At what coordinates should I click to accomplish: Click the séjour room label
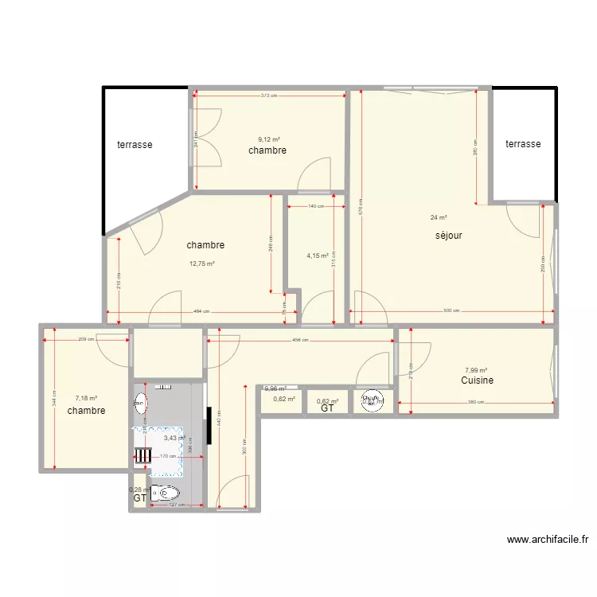click(x=448, y=236)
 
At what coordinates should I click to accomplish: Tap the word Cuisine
click(x=477, y=380)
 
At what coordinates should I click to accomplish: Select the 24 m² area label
click(x=439, y=217)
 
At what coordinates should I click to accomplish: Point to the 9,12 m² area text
click(x=269, y=139)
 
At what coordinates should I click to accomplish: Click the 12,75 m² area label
click(x=202, y=263)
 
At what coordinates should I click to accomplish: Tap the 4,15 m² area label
click(x=318, y=256)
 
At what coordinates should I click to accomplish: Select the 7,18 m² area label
click(x=86, y=398)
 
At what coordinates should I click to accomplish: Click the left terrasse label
click(x=135, y=145)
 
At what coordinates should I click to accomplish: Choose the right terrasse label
click(x=523, y=144)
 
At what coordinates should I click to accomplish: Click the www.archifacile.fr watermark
click(x=547, y=539)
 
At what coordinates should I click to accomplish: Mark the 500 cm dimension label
click(x=452, y=311)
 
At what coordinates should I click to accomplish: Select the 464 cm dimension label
click(x=201, y=311)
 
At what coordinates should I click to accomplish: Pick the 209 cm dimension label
click(x=86, y=340)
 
